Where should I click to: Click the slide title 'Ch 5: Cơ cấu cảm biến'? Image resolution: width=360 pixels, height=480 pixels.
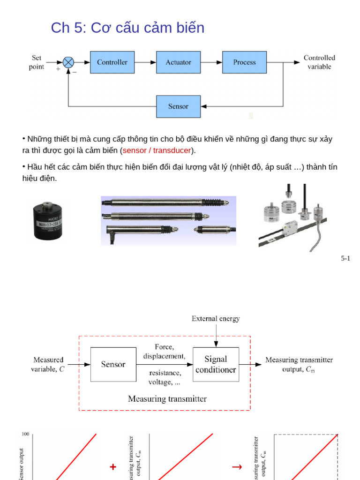(127, 28)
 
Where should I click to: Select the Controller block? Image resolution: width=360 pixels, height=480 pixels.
(112, 62)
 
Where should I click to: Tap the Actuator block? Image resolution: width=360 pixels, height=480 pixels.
(178, 62)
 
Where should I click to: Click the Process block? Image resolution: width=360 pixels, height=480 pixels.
(244, 62)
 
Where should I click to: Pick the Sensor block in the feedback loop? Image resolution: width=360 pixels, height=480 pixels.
(178, 106)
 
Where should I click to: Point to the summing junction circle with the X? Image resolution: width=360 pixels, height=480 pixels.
(68, 62)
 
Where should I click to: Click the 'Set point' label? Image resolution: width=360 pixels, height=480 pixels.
(37, 62)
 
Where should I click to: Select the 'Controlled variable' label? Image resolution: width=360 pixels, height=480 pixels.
(319, 62)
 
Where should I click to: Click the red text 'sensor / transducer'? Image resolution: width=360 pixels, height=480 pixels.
(157, 150)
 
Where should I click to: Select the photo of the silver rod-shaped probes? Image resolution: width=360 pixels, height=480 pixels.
(168, 220)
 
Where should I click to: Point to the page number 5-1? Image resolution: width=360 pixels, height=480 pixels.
(345, 258)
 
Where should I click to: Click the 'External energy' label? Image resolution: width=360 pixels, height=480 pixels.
(216, 319)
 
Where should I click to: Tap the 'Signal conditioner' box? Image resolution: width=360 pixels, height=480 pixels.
(216, 364)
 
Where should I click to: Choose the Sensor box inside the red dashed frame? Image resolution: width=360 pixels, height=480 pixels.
(113, 364)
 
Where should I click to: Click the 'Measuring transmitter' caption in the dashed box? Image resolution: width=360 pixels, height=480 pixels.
(167, 399)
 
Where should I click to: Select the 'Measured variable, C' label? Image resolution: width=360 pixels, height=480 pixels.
(48, 364)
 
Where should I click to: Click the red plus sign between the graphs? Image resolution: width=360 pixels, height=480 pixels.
(113, 467)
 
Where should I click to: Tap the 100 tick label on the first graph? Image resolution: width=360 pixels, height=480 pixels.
(25, 435)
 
